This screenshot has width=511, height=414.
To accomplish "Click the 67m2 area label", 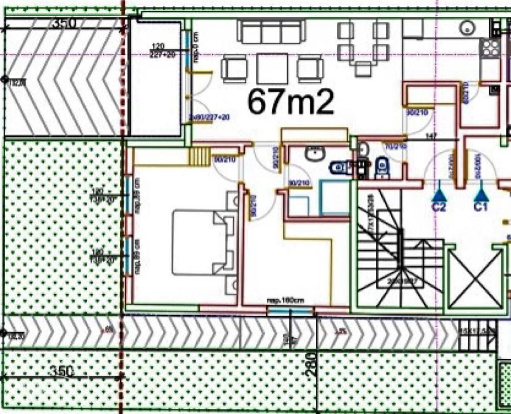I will tap(291, 102).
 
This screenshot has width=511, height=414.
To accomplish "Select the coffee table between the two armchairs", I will tap(272, 68).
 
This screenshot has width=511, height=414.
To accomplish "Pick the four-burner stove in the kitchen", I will tap(490, 49).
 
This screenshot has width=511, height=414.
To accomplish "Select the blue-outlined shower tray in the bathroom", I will tap(333, 197).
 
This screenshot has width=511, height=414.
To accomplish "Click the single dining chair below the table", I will tap(363, 68).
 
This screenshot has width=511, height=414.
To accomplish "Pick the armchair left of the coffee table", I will tap(234, 68).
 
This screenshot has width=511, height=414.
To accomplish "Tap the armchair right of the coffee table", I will tap(310, 68).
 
